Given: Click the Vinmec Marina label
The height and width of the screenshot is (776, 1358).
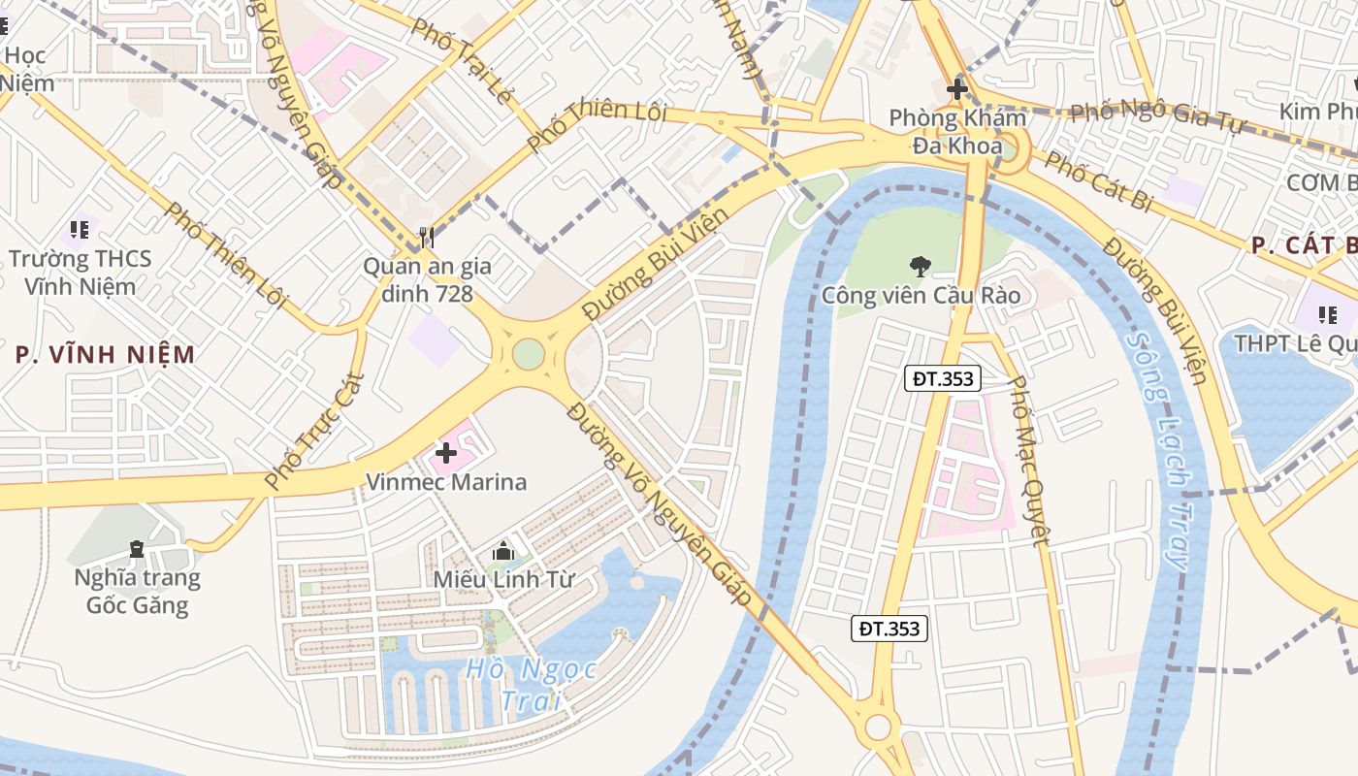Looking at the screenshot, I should click(445, 482).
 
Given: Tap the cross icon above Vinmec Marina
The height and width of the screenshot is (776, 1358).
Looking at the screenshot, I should click(446, 452).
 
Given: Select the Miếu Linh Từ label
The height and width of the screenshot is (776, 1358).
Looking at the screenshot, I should click(503, 580).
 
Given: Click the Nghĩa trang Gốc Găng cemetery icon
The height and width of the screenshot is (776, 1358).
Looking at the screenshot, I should click(137, 550).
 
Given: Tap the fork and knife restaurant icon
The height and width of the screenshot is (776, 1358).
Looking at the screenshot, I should click(426, 236).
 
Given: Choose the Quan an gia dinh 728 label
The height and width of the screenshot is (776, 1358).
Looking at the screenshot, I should click(427, 279).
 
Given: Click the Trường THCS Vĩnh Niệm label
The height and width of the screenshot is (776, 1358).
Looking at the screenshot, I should click(81, 273).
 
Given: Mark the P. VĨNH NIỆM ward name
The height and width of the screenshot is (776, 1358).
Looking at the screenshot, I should click(106, 354).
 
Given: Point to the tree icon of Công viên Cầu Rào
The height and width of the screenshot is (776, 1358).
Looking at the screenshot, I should click(919, 266).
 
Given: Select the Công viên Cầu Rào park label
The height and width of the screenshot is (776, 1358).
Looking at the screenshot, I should click(921, 295).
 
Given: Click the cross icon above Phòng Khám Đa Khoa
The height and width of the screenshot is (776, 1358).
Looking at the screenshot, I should click(957, 90).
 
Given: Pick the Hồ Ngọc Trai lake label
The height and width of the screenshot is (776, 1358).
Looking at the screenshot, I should click(530, 683).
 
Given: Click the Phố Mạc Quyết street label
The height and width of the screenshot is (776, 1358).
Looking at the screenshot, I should click(1029, 461).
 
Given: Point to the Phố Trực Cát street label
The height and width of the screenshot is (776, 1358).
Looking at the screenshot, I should click(315, 431).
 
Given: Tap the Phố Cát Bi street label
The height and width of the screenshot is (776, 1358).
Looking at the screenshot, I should click(1098, 181).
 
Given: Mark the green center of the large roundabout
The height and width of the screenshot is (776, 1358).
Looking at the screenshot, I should click(528, 353).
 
